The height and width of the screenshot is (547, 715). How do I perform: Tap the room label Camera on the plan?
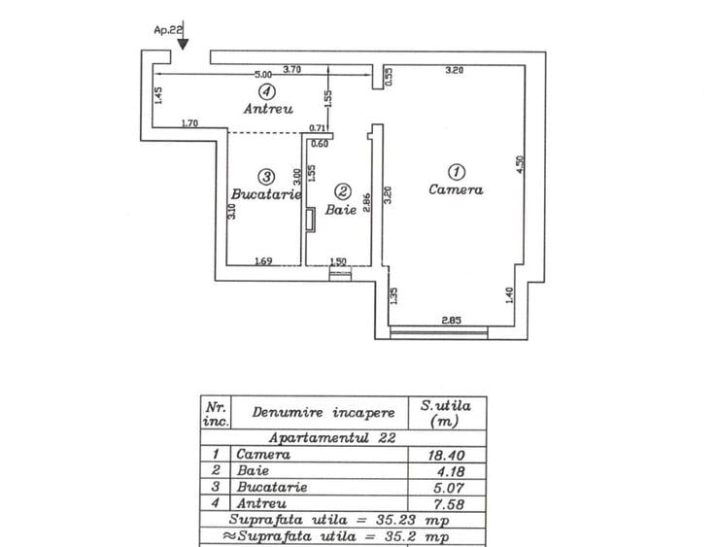456,190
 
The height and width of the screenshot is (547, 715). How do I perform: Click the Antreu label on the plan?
269,110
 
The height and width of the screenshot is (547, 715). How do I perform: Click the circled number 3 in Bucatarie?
266,176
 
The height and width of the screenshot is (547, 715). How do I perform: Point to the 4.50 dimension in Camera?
520,166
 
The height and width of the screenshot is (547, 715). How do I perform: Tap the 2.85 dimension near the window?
451,320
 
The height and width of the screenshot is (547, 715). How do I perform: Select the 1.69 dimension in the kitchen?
262,260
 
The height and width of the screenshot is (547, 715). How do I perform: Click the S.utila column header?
445,412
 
